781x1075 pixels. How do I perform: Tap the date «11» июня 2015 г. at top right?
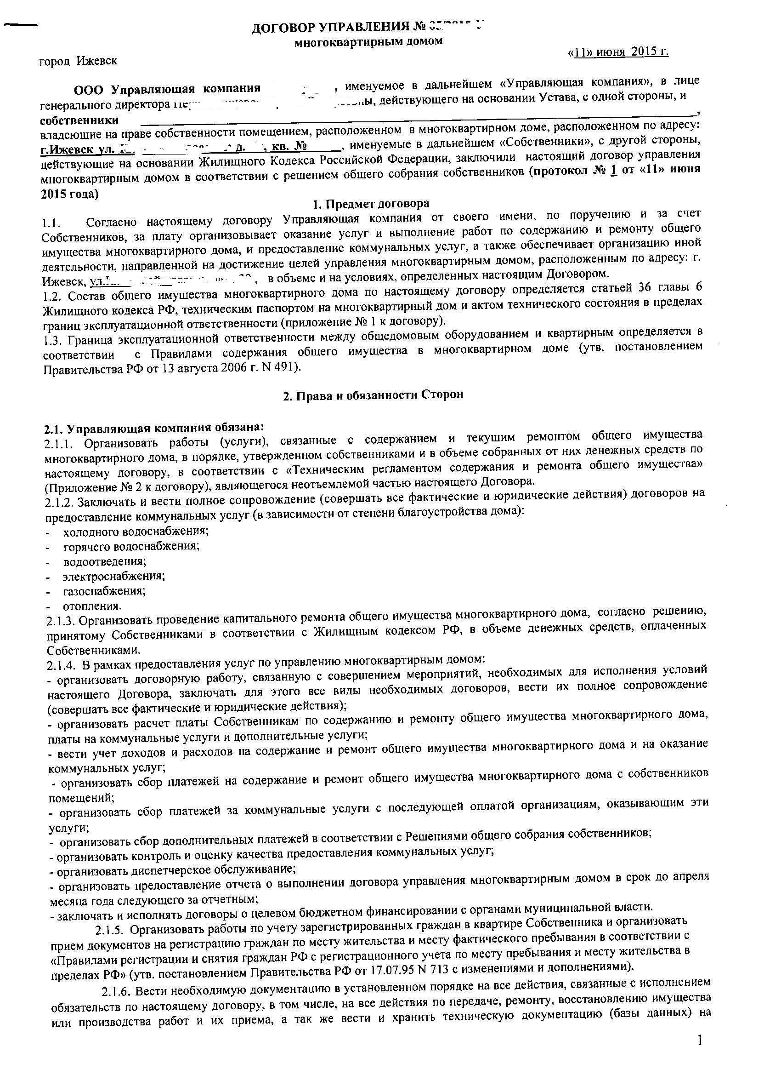[x=617, y=52]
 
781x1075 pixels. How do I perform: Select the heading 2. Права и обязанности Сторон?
[x=373, y=395]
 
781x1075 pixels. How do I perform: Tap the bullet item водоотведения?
[x=105, y=561]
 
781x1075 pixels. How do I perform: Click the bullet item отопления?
[x=92, y=606]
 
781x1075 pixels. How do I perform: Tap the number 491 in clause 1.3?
[x=287, y=367]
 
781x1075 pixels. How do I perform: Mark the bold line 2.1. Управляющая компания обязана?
[x=153, y=428]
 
